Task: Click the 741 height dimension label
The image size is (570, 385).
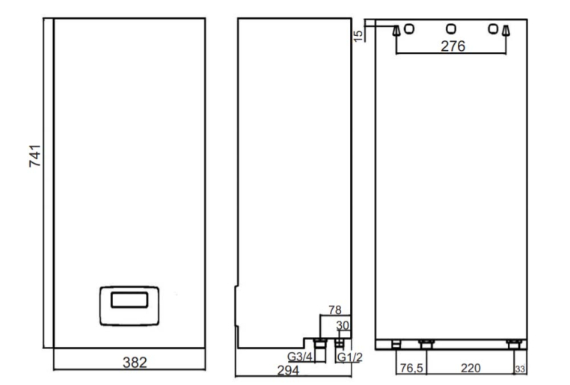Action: tap(35, 155)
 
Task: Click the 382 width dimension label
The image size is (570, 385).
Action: tap(135, 363)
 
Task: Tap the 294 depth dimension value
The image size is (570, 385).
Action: tap(288, 371)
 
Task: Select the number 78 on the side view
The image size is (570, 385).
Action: tap(335, 309)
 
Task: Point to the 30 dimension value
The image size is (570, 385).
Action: tap(343, 325)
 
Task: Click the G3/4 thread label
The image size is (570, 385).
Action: tap(300, 357)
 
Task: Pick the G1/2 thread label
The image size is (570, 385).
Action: tap(350, 357)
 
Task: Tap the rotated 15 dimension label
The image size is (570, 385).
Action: tap(358, 36)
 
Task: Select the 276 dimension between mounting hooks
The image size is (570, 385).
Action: tap(453, 46)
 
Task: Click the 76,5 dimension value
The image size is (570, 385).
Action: tap(411, 368)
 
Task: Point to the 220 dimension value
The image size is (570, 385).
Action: tap(471, 368)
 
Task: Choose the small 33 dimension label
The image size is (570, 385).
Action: tap(520, 369)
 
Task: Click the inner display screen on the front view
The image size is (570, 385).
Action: tap(129, 300)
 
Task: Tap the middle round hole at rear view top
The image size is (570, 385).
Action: tap(451, 28)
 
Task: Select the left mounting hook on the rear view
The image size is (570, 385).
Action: tap(396, 31)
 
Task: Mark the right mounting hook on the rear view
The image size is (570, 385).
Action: tap(506, 31)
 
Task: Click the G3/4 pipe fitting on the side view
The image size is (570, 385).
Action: tap(320, 343)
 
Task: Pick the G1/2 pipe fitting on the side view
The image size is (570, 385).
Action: tap(339, 343)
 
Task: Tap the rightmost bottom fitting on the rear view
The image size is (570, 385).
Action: tap(514, 344)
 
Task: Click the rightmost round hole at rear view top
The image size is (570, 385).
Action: tap(493, 28)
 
